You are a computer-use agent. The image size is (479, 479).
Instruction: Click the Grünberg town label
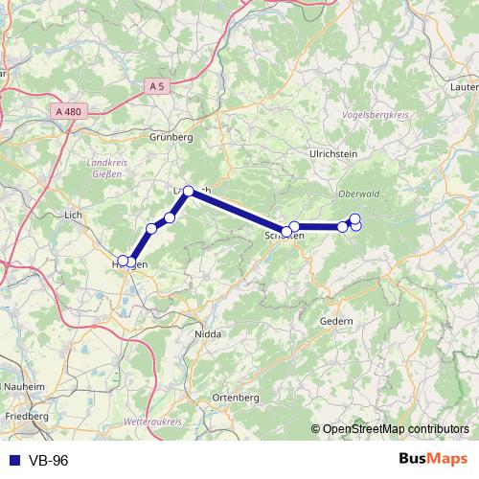pos(171,137)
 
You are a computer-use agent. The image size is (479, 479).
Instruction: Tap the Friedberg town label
pos(27,418)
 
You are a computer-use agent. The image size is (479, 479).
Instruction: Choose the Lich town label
pos(73,216)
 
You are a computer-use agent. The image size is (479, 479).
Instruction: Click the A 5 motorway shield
pos(157,86)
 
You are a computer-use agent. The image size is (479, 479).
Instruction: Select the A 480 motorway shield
pos(69,111)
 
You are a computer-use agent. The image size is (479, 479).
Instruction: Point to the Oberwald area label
pos(359,194)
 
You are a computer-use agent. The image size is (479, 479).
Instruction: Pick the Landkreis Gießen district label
pos(107,168)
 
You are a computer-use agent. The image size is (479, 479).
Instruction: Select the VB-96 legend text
pos(47,461)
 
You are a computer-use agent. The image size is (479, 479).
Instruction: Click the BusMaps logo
pos(435,460)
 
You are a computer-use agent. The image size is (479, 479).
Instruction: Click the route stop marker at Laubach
pos(189,191)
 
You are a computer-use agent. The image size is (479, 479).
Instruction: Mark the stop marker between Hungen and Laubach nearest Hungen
pos(151,228)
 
